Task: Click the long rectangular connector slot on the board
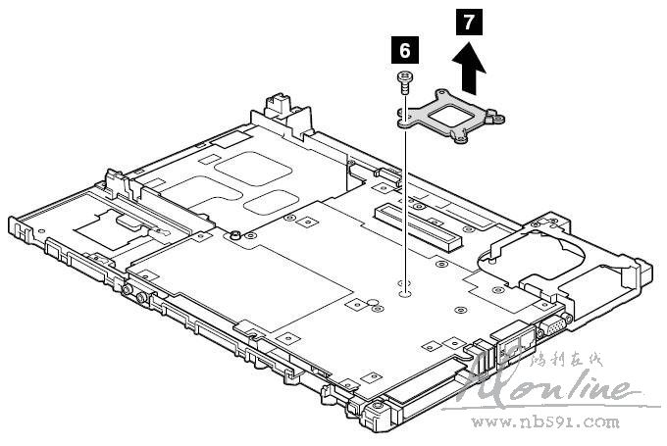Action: [x=411, y=226]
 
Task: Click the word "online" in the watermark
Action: [x=579, y=387]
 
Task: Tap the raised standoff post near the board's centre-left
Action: [x=235, y=235]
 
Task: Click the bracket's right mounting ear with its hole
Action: [x=500, y=120]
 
